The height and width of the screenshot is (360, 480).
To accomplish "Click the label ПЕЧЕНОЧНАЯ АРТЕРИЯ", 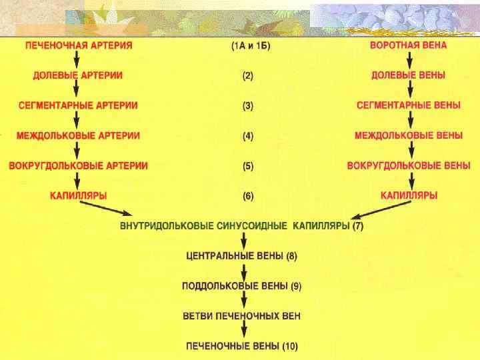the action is pos(79,45).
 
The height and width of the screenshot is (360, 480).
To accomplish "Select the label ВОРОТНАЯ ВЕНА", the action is pos(409,45).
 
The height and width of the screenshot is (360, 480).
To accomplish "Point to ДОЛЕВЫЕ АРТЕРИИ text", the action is pos(78,75).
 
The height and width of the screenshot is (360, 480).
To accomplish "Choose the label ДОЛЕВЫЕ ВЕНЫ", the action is pos(409,75).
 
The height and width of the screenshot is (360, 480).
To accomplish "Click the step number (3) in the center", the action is pos(247,105).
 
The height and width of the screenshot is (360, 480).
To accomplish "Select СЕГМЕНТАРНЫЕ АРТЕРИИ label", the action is pos(78,105).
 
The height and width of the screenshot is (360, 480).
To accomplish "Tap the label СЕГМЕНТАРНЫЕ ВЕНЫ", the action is pos(409,105).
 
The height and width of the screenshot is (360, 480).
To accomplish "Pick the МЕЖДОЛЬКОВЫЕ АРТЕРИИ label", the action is pos(78,135).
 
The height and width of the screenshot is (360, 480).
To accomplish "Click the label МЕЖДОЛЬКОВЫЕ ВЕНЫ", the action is pos(409,135).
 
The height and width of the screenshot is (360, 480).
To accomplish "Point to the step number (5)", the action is pos(247,165).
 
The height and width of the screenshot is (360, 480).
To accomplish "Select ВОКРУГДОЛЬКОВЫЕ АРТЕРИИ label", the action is pos(78,165).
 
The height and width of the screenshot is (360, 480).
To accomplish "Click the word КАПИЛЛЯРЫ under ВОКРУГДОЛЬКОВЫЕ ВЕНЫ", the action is pos(409,196).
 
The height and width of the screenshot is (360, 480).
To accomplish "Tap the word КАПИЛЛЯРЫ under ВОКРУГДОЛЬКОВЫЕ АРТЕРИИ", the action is pos(78,196).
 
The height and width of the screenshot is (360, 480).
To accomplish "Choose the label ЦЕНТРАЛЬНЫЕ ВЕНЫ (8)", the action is pos(241,256).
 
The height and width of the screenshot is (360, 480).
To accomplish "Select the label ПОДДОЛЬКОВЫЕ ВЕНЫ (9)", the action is pos(241,286).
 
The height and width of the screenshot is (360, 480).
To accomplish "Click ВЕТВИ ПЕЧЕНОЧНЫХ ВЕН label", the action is pos(241,316).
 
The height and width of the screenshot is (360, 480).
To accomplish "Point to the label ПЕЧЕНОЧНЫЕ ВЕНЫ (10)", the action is pos(241,346).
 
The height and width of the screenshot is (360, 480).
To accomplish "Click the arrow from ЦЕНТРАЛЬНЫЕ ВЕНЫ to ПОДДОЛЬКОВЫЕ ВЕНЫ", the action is pos(245,271).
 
